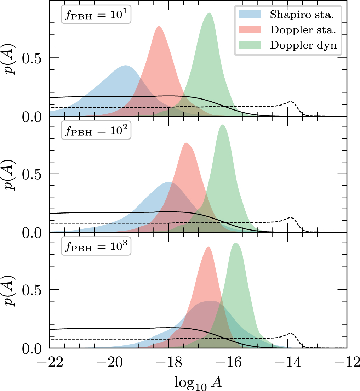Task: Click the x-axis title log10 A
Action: [x=199, y=381]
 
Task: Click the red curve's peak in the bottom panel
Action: [x=208, y=247]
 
